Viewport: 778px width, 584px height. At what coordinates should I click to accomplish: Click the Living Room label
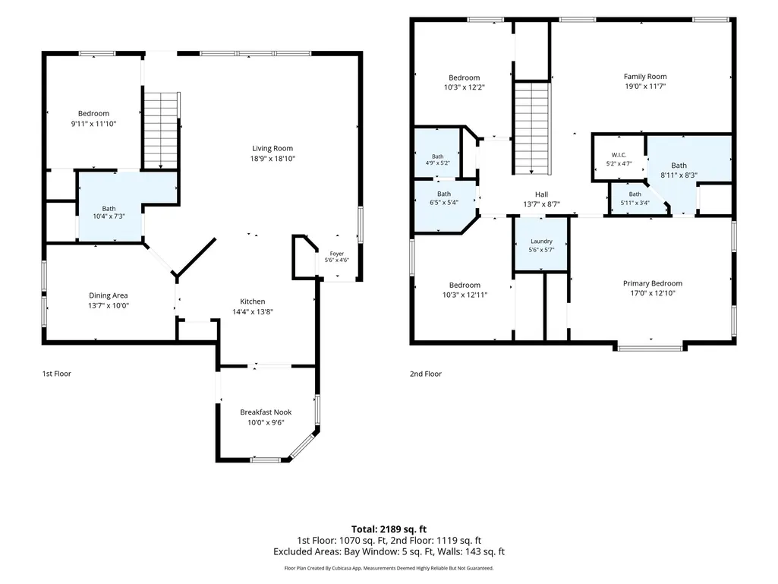(272, 148)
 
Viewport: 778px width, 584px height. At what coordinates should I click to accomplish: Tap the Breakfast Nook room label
(266, 412)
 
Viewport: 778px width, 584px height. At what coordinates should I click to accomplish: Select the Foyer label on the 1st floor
(337, 253)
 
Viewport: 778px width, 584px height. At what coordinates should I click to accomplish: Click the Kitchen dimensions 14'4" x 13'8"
(253, 312)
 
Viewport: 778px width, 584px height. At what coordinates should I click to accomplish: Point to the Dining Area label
(109, 295)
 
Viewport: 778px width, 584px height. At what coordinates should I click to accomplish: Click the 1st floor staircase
(161, 130)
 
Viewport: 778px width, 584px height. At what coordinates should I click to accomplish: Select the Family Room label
(645, 77)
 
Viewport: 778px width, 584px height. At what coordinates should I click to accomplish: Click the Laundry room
(541, 245)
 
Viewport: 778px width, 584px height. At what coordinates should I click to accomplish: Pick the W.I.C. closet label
(619, 155)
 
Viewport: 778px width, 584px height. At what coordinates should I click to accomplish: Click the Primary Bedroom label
(653, 283)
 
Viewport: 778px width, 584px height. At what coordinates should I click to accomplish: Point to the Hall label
(541, 194)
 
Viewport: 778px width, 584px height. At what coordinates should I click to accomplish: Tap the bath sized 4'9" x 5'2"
(437, 153)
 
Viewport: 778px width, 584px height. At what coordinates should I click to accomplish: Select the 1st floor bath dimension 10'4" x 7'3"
(109, 216)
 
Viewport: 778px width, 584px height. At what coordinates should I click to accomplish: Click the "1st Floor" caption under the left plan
(57, 374)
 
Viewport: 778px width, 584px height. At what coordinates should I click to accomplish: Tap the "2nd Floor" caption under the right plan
(426, 374)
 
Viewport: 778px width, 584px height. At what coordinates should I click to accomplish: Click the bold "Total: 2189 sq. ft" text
(389, 529)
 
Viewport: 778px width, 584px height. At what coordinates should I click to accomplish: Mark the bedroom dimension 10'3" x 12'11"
(465, 295)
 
